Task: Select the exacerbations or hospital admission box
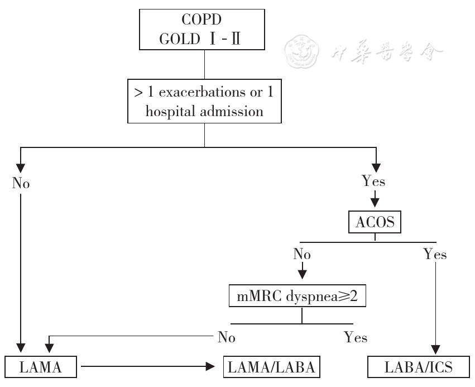204,101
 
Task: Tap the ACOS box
375,223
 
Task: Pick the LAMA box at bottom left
40,367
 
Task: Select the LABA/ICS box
419,367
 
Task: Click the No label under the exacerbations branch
21,183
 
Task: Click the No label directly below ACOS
302,255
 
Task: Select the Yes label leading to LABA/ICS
435,255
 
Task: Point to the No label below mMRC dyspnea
227,337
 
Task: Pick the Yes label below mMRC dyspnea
356,337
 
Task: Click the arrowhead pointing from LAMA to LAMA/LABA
210,367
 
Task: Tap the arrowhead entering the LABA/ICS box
434,351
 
